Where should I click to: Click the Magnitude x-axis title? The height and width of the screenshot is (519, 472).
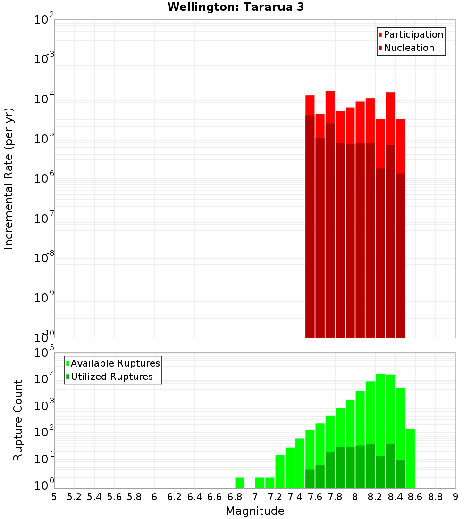pyautogui.click(x=255, y=511)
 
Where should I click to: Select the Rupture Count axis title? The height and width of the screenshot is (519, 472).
pyautogui.click(x=18, y=420)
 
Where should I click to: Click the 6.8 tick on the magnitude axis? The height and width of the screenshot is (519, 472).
pyautogui.click(x=235, y=496)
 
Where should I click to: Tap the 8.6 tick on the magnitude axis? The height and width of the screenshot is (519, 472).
pyautogui.click(x=415, y=496)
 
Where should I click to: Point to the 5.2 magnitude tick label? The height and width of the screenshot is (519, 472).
pyautogui.click(x=75, y=496)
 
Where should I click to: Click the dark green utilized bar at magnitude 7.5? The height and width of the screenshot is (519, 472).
pyautogui.click(x=310, y=479)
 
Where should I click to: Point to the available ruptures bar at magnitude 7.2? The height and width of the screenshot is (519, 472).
pyautogui.click(x=280, y=472)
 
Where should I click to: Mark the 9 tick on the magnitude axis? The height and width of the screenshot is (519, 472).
pyautogui.click(x=455, y=496)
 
